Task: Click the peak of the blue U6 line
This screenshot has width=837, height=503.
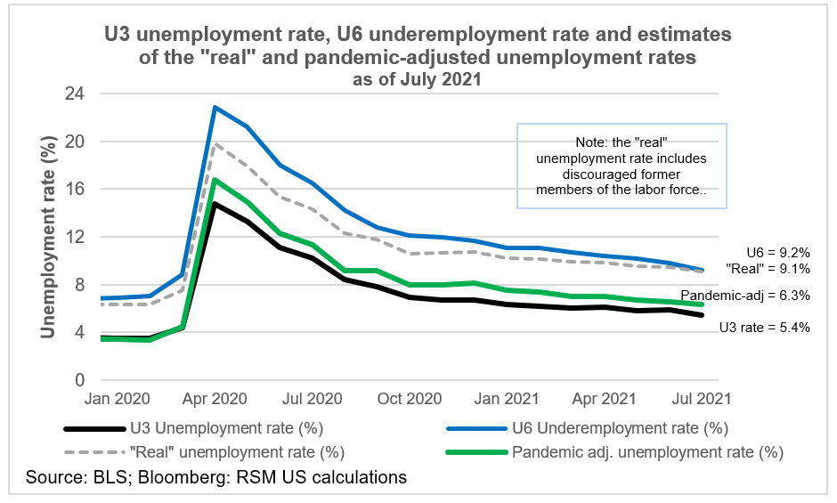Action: pos(215,107)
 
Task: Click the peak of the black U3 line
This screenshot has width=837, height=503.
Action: pos(215,204)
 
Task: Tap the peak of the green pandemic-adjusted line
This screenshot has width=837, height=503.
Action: pos(215,180)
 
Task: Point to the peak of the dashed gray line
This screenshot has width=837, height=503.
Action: pos(215,143)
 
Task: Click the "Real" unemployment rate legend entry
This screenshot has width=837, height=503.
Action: pos(236,451)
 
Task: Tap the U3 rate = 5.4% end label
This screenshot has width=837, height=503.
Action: pos(764,327)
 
